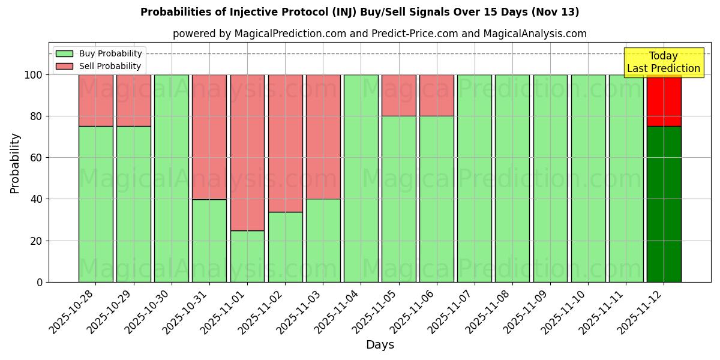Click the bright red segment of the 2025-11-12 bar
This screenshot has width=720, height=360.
click(x=664, y=100)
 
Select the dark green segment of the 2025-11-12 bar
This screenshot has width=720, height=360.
click(x=664, y=204)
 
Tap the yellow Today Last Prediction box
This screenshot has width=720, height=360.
click(x=664, y=62)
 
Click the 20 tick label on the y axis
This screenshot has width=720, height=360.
click(x=35, y=241)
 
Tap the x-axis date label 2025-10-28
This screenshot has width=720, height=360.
click(x=71, y=311)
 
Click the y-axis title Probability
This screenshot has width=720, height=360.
click(x=15, y=163)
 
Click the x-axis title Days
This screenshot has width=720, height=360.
click(x=380, y=345)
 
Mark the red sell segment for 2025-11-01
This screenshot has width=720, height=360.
click(x=247, y=152)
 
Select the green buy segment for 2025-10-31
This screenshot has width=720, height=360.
click(x=209, y=240)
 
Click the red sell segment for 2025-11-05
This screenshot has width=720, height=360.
click(x=399, y=95)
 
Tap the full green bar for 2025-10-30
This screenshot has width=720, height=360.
click(x=172, y=178)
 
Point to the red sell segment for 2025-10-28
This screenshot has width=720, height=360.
click(x=96, y=100)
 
